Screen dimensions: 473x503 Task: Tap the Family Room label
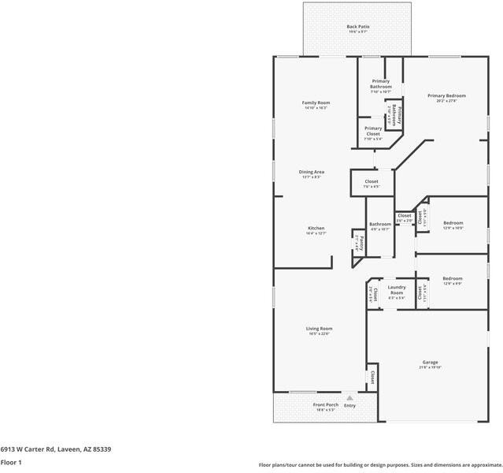[316, 103]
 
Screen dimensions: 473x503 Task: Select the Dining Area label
[312, 172]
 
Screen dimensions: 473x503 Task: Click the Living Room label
[319, 329]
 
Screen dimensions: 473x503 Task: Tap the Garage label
[430, 363]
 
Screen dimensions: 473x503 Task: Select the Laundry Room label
[396, 289]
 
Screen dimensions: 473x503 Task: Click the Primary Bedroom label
[442, 96]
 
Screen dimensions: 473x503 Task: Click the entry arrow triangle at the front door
[350, 398]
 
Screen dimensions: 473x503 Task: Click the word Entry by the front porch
[350, 406]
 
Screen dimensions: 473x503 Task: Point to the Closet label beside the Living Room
[372, 378]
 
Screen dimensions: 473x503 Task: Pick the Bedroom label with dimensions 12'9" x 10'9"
[453, 223]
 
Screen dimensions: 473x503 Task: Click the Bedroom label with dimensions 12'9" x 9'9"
[453, 278]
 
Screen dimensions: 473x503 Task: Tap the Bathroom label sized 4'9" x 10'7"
[380, 224]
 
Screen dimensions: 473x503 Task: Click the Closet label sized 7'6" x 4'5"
[372, 182]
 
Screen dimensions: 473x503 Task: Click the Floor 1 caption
[11, 463]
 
